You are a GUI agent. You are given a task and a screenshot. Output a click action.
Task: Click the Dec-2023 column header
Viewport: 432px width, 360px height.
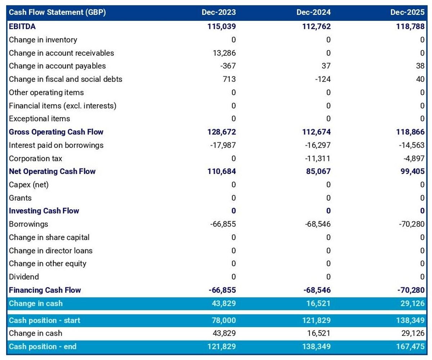click(219, 13)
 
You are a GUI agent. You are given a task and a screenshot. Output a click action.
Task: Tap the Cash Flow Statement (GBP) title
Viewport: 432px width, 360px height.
click(57, 13)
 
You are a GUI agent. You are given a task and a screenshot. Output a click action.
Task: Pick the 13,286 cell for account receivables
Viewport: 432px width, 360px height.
click(224, 53)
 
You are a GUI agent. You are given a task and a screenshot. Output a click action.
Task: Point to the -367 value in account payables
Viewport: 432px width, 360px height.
click(228, 66)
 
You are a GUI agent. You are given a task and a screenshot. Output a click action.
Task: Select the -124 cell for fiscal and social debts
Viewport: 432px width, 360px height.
click(323, 79)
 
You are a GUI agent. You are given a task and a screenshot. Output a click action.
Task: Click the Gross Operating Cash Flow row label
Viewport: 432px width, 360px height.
click(56, 132)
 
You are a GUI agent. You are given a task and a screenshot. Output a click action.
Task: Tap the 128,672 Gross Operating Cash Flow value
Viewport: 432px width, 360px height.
click(222, 132)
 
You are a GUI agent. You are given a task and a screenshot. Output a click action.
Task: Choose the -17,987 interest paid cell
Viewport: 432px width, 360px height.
click(223, 145)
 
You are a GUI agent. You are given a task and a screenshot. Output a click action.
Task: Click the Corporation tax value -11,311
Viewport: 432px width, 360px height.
click(318, 159)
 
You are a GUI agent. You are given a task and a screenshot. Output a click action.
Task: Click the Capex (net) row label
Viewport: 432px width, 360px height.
click(29, 185)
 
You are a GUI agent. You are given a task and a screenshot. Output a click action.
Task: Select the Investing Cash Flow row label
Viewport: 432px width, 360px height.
click(44, 211)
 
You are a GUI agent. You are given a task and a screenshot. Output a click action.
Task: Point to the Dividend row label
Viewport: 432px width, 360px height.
click(24, 277)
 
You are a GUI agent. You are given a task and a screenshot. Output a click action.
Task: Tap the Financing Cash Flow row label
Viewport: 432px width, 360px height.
click(45, 290)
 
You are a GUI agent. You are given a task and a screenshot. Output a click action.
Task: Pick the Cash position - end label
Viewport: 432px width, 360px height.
click(42, 347)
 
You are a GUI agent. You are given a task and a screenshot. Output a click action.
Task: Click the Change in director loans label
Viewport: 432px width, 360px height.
click(51, 250)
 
